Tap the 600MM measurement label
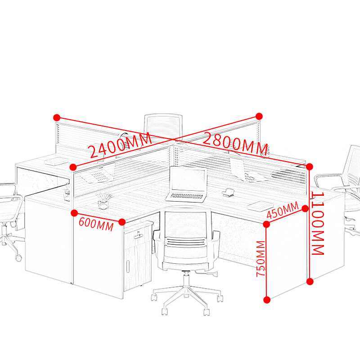click(x=95, y=224)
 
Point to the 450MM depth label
click(x=283, y=210)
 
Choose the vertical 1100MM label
click(x=318, y=224)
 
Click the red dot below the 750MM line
click(x=267, y=299)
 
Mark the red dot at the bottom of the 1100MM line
click(x=310, y=282)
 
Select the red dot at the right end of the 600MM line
click(x=122, y=222)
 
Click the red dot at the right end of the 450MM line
click(x=305, y=208)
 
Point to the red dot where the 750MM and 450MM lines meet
click(x=266, y=224)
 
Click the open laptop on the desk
click(x=187, y=184)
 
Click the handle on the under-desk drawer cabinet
click(x=139, y=234)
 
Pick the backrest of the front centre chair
click(x=186, y=223)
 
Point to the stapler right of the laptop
click(x=229, y=192)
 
